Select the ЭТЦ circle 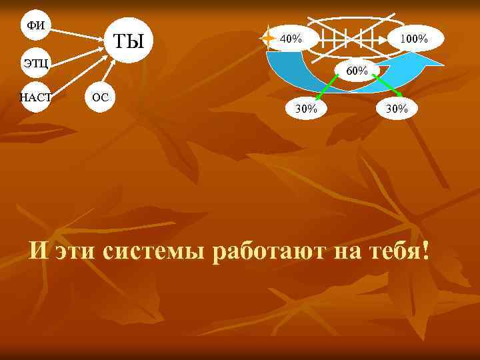pos(36,63)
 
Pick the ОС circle pos(100,97)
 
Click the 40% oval pos(291,39)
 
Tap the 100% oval pos(413,39)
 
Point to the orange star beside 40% pos(268,39)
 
